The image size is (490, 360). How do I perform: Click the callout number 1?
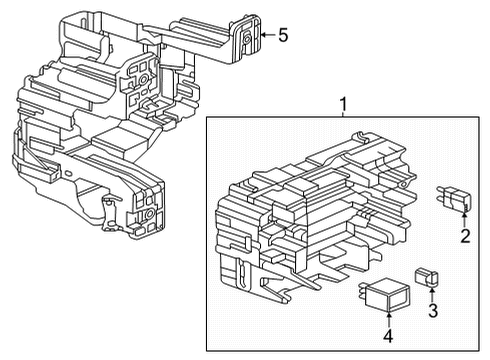(x=343, y=104)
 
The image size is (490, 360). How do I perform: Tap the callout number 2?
(x=464, y=236)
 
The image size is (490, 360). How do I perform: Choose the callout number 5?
(x=283, y=36)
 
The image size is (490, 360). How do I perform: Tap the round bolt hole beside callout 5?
(x=246, y=38)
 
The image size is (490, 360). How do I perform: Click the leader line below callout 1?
(x=343, y=114)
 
